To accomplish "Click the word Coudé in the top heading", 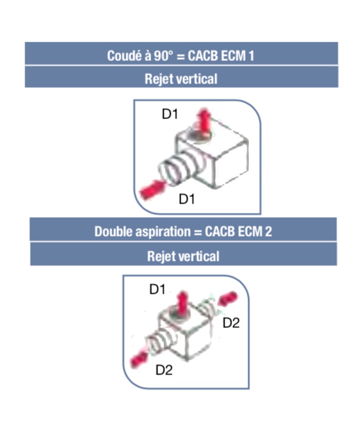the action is [124, 55].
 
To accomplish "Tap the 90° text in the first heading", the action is [164, 56].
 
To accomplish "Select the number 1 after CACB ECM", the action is [251, 56].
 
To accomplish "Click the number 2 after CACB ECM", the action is [268, 231].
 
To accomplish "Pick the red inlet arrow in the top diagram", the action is [152, 189].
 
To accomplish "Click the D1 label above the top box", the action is [170, 114].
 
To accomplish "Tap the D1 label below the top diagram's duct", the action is [187, 199].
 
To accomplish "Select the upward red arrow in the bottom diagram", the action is [181, 303].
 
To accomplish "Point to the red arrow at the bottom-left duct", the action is [139, 359].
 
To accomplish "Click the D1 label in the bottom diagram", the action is [157, 289].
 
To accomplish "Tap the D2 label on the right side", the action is [231, 323].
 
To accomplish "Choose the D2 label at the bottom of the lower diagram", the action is [164, 370].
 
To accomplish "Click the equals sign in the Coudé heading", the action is [180, 56].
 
